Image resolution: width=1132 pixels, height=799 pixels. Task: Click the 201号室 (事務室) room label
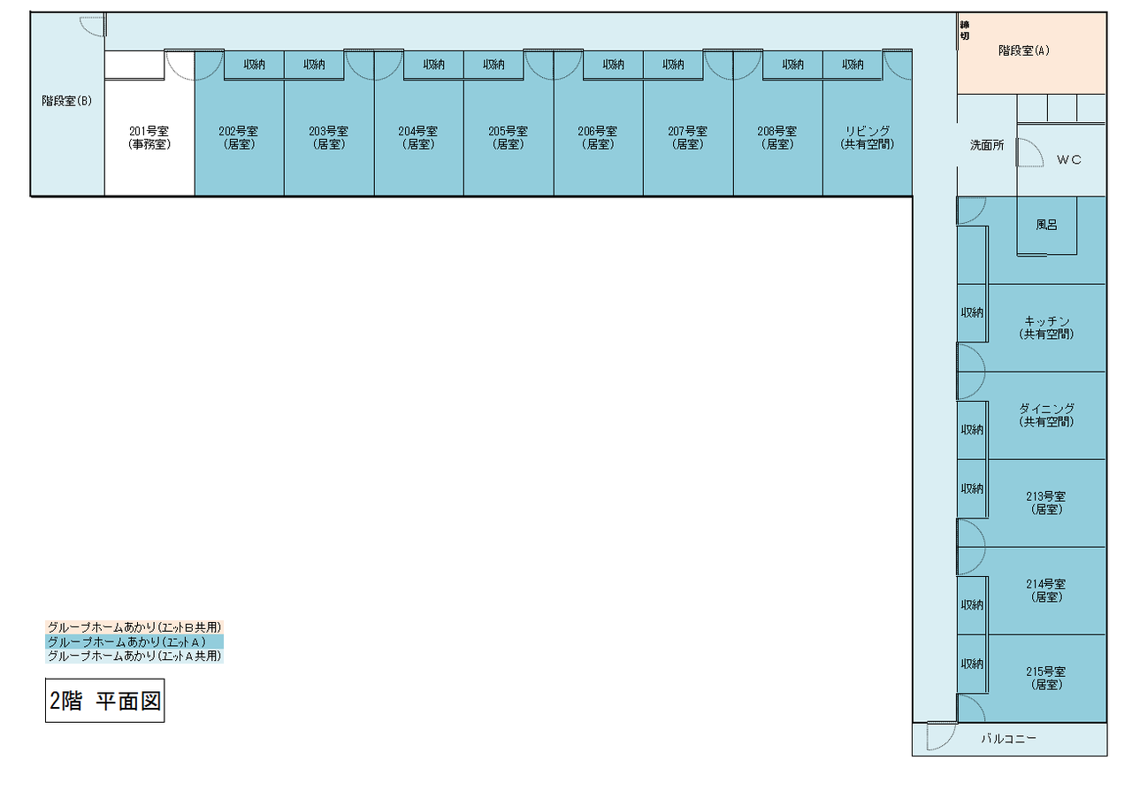point(149,137)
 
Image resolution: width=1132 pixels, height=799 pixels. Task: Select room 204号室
point(417,137)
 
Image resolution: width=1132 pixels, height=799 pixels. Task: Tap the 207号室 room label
point(687,137)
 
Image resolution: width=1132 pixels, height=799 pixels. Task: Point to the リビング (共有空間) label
point(867,137)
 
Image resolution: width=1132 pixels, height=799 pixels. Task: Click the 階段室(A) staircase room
point(1023,51)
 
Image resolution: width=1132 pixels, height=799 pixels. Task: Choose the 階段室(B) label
point(67,101)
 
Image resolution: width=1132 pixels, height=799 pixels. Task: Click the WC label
point(1068,160)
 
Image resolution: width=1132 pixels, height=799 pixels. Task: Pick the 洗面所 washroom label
point(986,145)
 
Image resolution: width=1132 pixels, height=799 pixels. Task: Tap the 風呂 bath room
point(1046,225)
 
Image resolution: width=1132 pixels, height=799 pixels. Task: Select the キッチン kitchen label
point(1046,327)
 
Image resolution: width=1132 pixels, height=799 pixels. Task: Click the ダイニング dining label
point(1046,415)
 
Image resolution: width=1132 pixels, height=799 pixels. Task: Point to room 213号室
point(1046,503)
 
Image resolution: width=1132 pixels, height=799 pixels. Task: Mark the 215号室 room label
point(1046,678)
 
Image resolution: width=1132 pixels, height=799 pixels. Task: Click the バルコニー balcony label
point(1008,739)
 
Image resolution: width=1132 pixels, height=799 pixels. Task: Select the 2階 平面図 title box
point(104,701)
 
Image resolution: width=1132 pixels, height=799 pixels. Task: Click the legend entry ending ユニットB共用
point(134,627)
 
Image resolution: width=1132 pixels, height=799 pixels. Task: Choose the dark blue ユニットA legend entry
point(134,642)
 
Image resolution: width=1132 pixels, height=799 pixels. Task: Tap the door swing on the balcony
point(940,737)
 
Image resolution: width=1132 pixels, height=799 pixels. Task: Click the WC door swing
point(1029,153)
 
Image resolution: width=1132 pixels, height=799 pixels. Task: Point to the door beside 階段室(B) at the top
point(93,26)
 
